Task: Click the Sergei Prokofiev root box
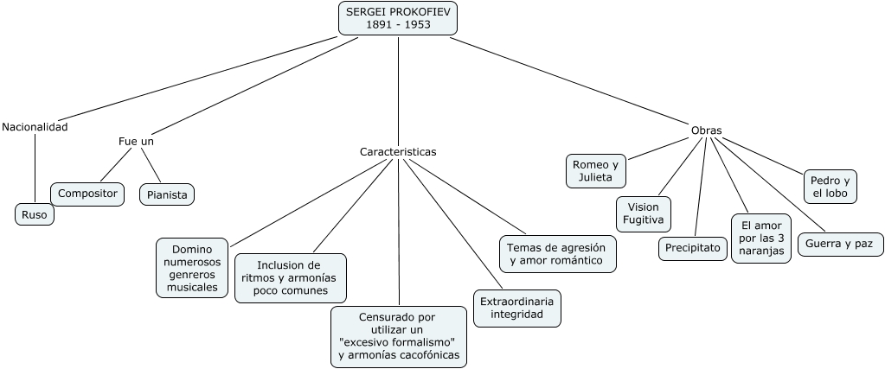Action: point(398,18)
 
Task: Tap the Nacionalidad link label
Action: point(35,127)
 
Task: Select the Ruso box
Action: point(35,214)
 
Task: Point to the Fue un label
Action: point(137,141)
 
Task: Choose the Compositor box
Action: point(87,194)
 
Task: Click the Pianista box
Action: point(167,194)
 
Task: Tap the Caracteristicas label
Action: point(398,151)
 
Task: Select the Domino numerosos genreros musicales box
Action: point(192,268)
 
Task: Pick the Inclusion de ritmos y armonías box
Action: point(291,277)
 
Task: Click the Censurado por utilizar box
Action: point(399,336)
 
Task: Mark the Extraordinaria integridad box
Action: point(517,308)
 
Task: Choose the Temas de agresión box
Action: point(557,253)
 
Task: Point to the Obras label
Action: point(706,130)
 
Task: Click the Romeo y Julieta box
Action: point(596,171)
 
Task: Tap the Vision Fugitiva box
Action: point(644,213)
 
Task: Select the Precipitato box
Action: point(692,248)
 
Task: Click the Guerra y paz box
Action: point(839,245)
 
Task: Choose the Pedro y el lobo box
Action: point(830,187)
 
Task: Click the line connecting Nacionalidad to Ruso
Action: point(35,169)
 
